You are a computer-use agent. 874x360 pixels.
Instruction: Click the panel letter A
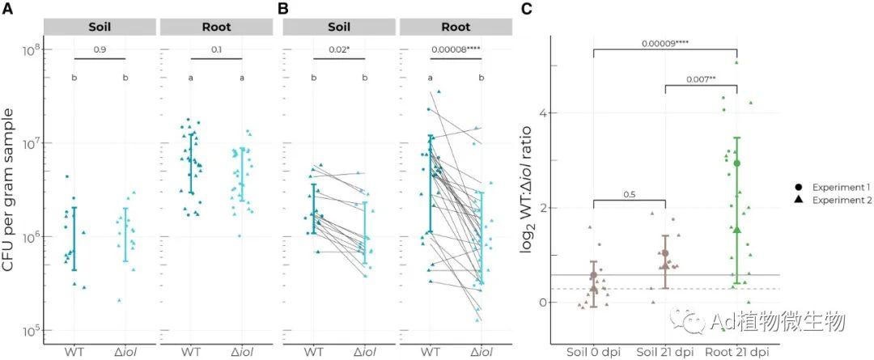click(x=10, y=9)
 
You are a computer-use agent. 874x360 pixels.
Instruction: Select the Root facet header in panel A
click(x=214, y=27)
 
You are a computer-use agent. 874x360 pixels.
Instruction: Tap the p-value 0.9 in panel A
click(x=100, y=50)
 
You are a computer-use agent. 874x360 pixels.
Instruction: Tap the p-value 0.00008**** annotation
click(x=456, y=50)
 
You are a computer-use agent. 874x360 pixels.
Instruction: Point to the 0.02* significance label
click(x=339, y=50)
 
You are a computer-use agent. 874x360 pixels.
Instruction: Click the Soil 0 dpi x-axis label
click(x=593, y=353)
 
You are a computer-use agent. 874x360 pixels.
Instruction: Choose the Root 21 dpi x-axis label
click(x=736, y=353)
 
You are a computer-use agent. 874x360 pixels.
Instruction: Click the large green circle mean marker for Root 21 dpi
click(x=736, y=163)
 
